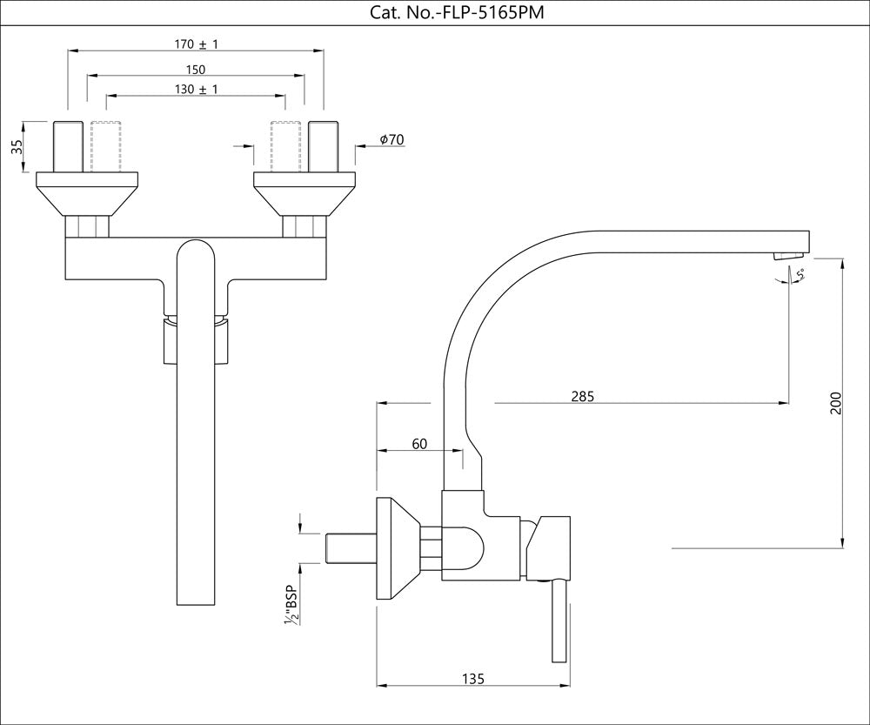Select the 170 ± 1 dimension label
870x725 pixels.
(196, 44)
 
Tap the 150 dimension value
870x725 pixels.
(196, 69)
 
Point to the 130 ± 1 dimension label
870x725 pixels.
(196, 90)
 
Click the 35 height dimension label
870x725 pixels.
(17, 146)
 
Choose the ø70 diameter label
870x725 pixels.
(391, 140)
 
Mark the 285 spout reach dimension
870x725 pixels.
(582, 397)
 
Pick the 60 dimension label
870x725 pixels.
(419, 444)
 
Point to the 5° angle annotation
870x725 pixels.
(800, 274)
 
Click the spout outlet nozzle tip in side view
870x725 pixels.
(788, 254)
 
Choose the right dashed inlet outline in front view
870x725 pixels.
(286, 145)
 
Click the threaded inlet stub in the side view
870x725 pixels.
(350, 549)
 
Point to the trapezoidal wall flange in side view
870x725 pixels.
(397, 549)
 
